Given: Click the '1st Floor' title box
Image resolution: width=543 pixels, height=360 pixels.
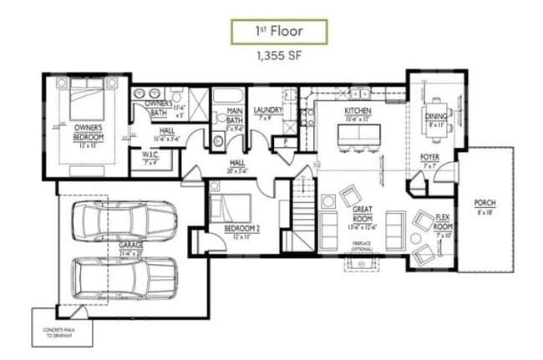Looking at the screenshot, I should point(280,31).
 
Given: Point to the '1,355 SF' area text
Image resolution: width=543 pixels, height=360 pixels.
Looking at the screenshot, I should point(279,58).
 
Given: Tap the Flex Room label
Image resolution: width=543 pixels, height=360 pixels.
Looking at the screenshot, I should point(444,222).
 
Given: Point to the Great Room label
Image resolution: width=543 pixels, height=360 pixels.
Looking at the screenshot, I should point(362,214).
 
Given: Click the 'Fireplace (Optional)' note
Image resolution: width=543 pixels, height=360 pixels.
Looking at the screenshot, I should point(362,247).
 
